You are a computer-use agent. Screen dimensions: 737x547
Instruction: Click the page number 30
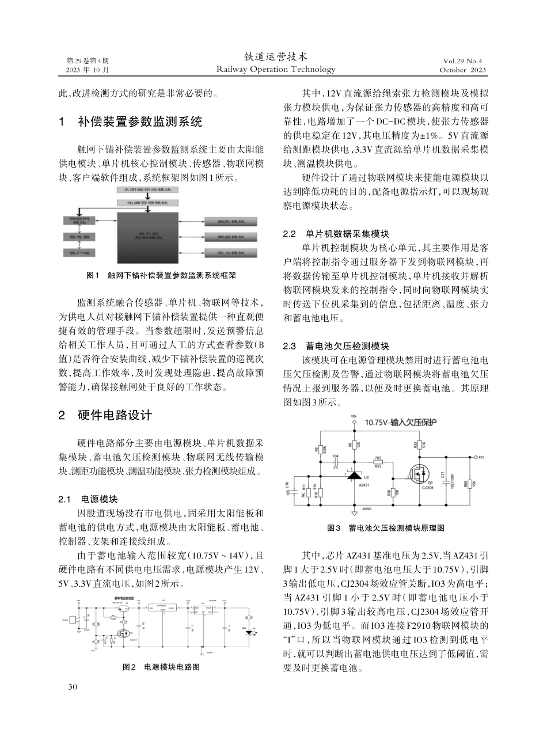point(73,686)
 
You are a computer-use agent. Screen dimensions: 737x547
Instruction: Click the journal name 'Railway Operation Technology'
point(276,70)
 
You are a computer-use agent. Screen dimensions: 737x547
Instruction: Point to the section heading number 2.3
point(290,346)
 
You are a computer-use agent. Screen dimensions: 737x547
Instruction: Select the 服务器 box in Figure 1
point(79,237)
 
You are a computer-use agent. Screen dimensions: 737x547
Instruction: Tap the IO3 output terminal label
point(481,458)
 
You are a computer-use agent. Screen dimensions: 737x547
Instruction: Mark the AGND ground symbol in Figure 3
point(354,512)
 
